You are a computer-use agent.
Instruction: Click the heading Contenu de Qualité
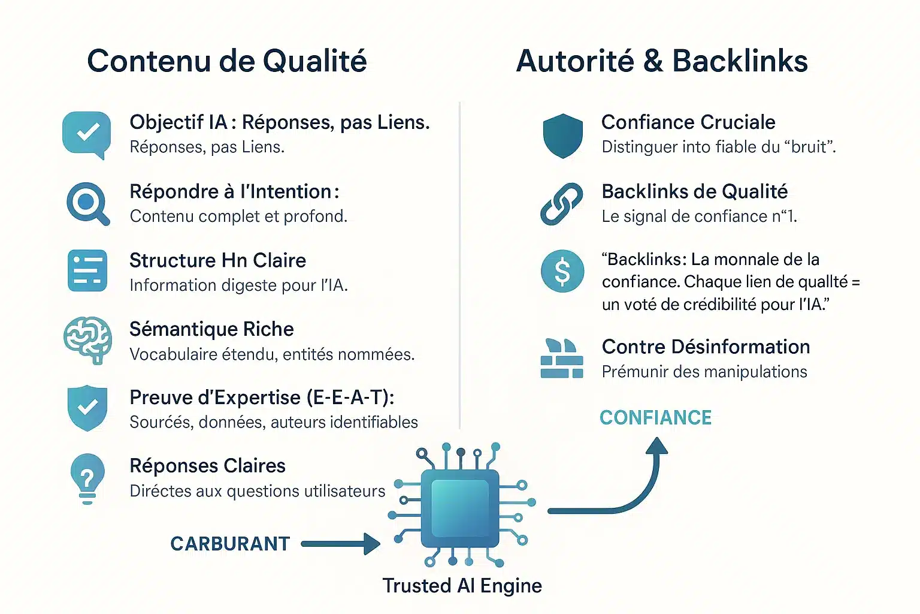(x=226, y=61)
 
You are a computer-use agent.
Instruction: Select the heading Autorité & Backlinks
(x=662, y=61)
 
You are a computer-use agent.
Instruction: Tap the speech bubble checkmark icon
(x=87, y=134)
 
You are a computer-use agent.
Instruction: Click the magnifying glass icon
(x=87, y=203)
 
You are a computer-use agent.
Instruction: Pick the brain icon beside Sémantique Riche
(x=87, y=339)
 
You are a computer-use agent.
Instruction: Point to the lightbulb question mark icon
(x=87, y=477)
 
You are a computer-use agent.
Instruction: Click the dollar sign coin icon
(x=562, y=271)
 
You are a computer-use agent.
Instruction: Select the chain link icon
(x=562, y=204)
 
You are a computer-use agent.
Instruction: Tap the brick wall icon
(x=562, y=359)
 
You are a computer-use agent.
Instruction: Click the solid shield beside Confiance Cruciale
(x=562, y=136)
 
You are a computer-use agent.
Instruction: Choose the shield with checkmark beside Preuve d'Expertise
(x=87, y=408)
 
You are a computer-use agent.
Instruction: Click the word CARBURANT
(x=230, y=544)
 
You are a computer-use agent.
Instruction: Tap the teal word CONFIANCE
(x=655, y=418)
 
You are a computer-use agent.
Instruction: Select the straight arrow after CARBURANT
(x=340, y=544)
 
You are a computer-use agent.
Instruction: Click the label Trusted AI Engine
(x=462, y=586)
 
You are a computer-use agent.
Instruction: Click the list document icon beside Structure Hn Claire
(x=87, y=271)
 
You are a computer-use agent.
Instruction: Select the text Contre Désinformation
(x=706, y=347)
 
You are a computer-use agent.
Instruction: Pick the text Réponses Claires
(x=207, y=466)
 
